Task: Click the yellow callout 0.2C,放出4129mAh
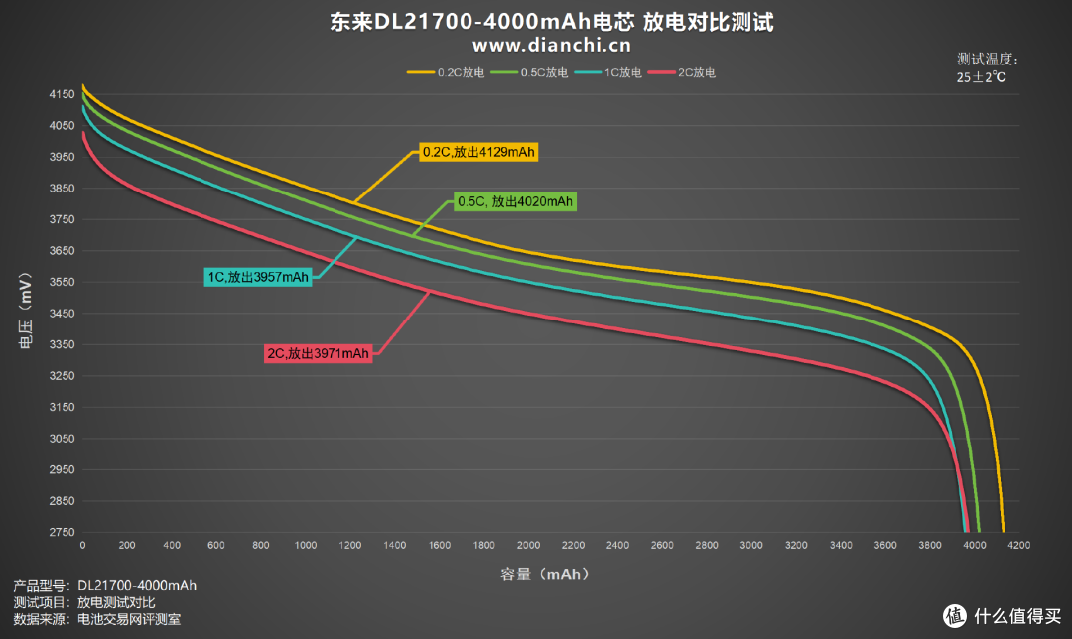[477, 152]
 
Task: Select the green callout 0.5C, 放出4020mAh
[514, 201]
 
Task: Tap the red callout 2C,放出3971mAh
[318, 353]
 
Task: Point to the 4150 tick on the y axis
[61, 94]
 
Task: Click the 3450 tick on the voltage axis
[61, 314]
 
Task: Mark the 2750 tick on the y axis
[61, 533]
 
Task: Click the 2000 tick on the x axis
[528, 546]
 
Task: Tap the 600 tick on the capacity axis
[215, 546]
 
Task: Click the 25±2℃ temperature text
[982, 77]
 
